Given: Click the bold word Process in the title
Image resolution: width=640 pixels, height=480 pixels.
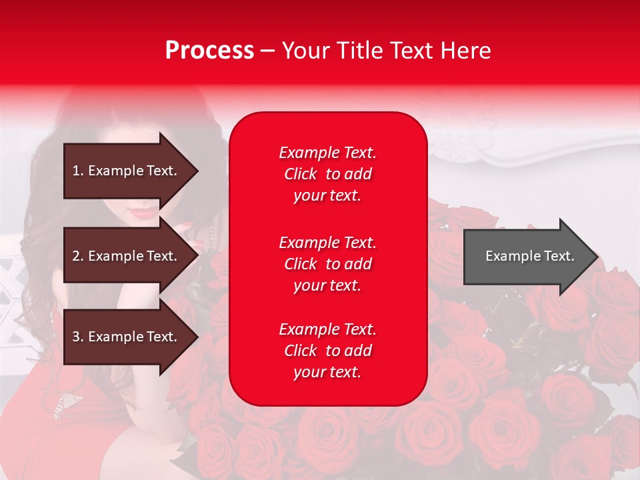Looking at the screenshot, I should click(209, 51).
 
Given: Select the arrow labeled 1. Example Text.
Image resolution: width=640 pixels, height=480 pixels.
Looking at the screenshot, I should click(127, 171).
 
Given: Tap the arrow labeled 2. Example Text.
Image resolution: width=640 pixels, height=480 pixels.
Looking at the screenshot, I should click(127, 257).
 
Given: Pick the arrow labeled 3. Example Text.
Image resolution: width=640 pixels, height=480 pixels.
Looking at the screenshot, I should click(127, 337).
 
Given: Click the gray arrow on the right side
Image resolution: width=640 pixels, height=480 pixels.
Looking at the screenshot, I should click(527, 257).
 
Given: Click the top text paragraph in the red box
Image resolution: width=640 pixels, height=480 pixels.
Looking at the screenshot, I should click(327, 174).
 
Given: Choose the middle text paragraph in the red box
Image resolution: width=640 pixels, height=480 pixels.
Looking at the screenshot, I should click(327, 264).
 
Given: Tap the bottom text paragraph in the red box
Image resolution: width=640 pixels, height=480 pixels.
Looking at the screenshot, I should click(327, 351).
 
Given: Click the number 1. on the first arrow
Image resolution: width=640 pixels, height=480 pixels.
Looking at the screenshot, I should click(78, 171).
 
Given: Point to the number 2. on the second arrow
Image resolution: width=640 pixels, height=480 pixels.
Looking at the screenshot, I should click(78, 257).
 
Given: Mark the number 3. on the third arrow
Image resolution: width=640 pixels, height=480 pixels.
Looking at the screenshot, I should click(78, 337).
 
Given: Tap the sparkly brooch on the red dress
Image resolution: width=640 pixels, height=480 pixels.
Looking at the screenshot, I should click(64, 403).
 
